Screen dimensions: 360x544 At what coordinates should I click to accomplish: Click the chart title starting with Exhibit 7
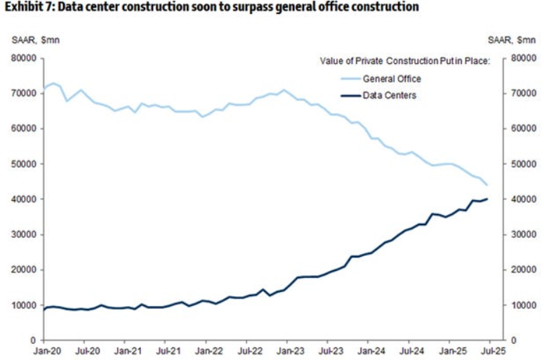coord(211,8)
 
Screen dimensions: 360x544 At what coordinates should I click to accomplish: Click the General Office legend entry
coord(392,79)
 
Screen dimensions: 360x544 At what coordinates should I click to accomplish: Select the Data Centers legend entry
coord(390,95)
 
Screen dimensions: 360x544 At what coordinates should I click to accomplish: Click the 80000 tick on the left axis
coord(25,58)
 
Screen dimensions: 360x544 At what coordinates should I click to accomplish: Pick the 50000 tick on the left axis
coord(25,164)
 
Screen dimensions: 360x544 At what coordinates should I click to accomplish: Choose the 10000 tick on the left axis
coord(25,305)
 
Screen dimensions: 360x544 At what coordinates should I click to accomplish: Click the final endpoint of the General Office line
coord(487,185)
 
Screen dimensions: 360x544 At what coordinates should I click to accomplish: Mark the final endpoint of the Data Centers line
coord(487,199)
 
